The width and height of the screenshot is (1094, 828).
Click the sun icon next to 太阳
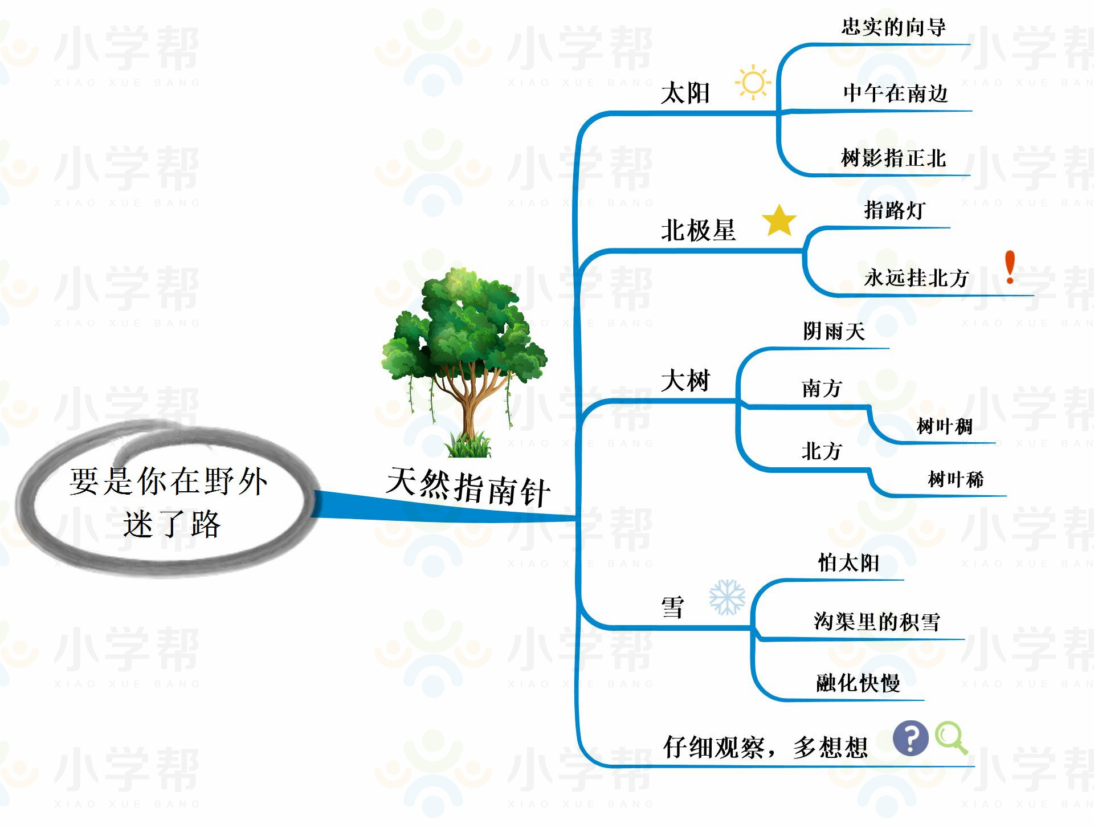[753, 83]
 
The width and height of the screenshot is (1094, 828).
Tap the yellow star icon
[779, 221]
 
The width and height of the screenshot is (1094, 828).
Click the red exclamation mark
[1010, 267]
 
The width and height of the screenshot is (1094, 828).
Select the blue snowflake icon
[727, 597]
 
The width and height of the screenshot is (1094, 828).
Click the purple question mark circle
[910, 738]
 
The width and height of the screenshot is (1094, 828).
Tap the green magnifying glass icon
[951, 738]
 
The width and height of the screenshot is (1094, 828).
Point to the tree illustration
[464, 362]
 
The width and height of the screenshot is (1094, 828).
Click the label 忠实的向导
[893, 27]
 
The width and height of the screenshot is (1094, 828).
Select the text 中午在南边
[895, 93]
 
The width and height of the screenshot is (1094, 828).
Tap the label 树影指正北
[893, 158]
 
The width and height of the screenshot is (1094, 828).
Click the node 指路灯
[895, 210]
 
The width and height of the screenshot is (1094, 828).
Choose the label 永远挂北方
[916, 278]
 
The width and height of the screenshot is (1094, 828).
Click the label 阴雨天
[834, 331]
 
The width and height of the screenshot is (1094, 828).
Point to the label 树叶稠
[944, 426]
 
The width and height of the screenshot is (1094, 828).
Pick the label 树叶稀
[956, 480]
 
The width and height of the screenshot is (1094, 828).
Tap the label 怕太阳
[848, 563]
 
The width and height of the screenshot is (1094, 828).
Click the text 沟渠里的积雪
[876, 622]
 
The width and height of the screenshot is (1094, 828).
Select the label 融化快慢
[858, 683]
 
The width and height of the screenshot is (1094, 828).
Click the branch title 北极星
[698, 231]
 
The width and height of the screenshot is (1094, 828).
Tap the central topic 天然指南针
[468, 488]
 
